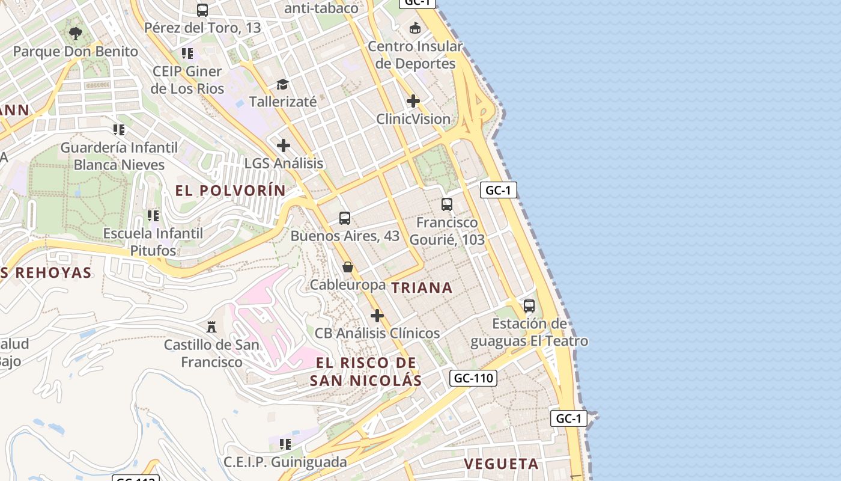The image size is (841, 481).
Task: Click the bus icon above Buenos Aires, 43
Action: point(345,218)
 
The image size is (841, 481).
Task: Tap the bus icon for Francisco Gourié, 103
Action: point(447,204)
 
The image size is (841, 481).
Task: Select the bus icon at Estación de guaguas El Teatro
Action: point(529,306)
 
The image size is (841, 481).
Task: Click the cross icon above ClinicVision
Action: point(413,101)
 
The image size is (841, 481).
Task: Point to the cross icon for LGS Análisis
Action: point(284,146)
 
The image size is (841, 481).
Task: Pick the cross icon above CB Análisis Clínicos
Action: point(377,316)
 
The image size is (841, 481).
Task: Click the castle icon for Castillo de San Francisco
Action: point(211,327)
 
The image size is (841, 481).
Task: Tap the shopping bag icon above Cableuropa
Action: point(348,267)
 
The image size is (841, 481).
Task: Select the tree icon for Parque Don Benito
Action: point(75,34)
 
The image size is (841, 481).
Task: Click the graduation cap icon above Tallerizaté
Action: point(282,84)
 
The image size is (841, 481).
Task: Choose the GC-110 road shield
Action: point(473,378)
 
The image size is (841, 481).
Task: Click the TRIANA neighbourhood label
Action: point(422,288)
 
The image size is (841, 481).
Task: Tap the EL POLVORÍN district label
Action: point(231,191)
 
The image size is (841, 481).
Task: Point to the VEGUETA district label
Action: point(502,464)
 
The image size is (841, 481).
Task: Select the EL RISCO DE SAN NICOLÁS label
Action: point(366,372)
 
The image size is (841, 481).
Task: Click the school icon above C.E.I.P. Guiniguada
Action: point(285,444)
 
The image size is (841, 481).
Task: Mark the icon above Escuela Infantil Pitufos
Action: point(153,215)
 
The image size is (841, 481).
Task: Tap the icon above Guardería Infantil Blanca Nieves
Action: point(119,129)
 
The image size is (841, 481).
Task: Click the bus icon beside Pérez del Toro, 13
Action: point(202,10)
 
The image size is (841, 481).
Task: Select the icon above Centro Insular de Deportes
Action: point(415,28)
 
